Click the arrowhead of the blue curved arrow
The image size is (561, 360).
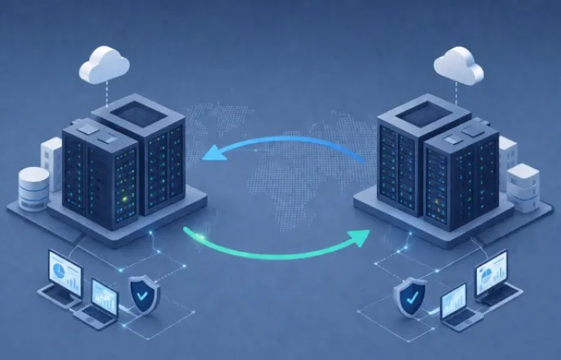pos(210,153)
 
